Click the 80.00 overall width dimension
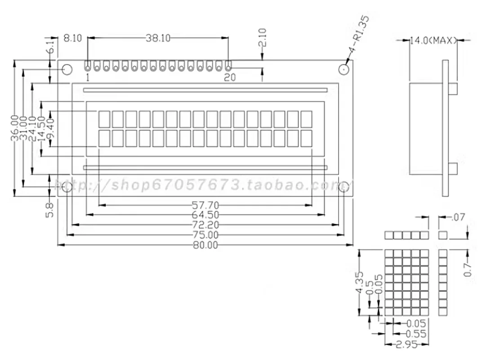(205, 245)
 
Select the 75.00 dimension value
(205, 235)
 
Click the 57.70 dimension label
(205, 205)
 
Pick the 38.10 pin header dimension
(157, 38)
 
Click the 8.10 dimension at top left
(72, 38)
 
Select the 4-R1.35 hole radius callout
(360, 30)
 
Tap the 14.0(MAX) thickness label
(433, 40)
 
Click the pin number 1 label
(87, 77)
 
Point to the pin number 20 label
(229, 77)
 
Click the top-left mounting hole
(67, 70)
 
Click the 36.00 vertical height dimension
(15, 128)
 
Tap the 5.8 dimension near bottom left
(50, 210)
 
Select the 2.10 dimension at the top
(263, 38)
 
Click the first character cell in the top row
(104, 119)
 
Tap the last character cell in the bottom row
(306, 138)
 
